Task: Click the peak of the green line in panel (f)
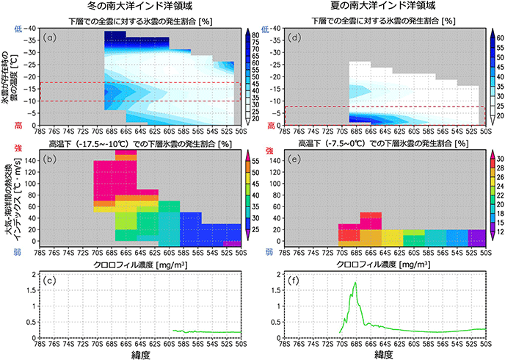coord(355,283)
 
